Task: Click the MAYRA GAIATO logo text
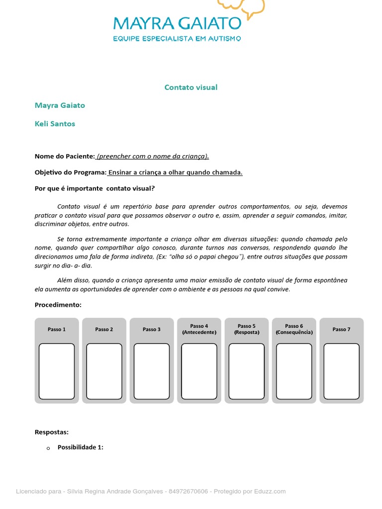177,23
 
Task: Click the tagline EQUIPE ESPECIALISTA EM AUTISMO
177,38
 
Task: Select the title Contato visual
191,87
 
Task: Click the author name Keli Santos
55,124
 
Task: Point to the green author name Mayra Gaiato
60,105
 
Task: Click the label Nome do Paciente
65,156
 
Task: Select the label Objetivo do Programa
71,172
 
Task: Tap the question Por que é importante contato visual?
95,188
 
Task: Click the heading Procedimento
58,305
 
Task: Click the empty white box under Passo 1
57,371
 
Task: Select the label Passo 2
104,329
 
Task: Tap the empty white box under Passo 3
152,371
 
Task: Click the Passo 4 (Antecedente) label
199,329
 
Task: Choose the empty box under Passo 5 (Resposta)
247,371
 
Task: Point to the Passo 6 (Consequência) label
294,329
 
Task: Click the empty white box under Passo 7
341,371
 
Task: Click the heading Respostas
52,432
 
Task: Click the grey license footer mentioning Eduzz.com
151,492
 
